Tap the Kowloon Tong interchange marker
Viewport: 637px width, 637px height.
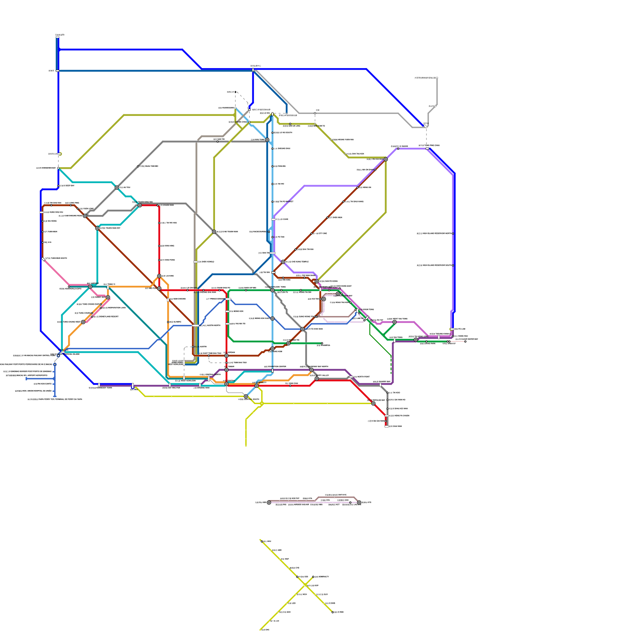pos(272,290)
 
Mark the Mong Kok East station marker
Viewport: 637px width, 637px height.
pos(272,318)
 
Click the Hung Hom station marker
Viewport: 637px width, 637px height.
pos(272,349)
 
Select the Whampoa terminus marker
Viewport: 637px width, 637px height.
pos(322,343)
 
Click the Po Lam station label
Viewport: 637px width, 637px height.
pos(459,329)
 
